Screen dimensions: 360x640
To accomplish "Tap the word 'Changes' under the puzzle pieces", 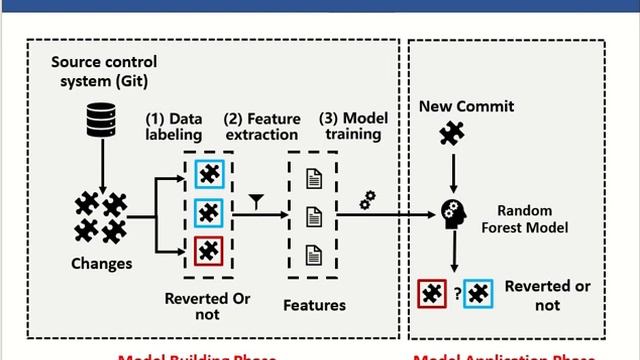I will click(102, 265).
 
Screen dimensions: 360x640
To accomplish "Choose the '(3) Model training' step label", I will click(353, 127).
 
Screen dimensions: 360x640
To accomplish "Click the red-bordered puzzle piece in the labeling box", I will click(209, 250).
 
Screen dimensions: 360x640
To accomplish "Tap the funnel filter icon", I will click(256, 201).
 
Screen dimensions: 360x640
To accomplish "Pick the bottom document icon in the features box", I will click(314, 251).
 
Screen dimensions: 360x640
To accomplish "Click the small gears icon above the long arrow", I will click(367, 200).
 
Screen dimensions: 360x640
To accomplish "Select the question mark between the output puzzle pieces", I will click(456, 294).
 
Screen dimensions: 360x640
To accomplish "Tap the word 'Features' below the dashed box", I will click(314, 305).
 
